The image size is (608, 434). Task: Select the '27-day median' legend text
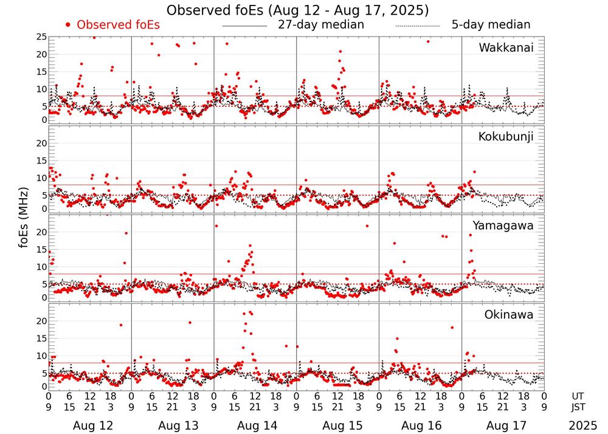pos(321,25)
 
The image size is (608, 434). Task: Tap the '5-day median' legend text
pos(491,25)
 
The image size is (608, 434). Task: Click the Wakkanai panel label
pos(506,47)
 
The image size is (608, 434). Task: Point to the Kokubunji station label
pos(506,137)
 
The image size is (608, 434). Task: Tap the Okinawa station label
pos(509,315)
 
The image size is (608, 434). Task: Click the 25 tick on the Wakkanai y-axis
pos(41,37)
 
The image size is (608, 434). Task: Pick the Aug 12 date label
pos(92,425)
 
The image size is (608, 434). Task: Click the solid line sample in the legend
pos(244,26)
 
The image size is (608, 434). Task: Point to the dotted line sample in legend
pos(418,26)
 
